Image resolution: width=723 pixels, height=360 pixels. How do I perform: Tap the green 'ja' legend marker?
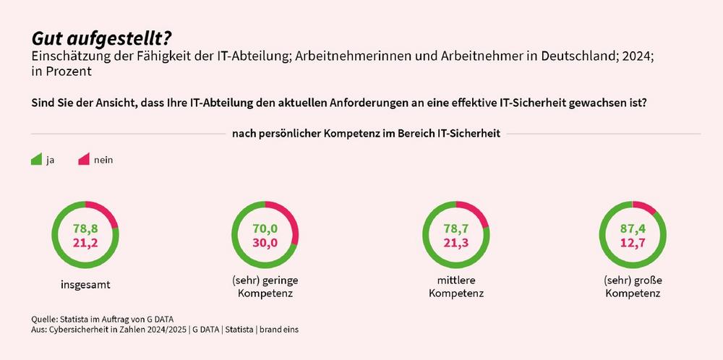pos(36,159)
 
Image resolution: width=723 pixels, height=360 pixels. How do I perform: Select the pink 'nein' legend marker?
pos(83,159)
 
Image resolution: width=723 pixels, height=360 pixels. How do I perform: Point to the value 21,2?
pos(85,242)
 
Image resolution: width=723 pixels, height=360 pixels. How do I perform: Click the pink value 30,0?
pos(265,243)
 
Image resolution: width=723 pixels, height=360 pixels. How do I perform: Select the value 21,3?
pos(456,243)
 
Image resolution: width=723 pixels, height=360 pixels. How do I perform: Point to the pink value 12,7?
pos(633,243)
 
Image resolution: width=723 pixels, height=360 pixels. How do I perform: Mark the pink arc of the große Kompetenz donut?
pos(649,208)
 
